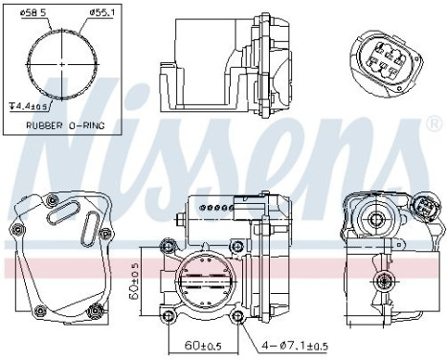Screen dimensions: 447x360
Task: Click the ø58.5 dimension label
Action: pos(34,12)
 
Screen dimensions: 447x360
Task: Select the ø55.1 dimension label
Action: pos(101,12)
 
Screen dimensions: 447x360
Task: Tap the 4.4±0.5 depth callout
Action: pos(29,106)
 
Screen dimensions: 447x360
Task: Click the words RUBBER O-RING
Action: pos(65,125)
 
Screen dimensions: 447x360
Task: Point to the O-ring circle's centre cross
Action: pos(62,64)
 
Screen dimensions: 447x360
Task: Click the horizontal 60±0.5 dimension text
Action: pos(203,346)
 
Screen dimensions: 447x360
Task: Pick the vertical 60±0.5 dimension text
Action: pos(134,281)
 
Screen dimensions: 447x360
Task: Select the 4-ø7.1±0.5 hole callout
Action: pos(295,346)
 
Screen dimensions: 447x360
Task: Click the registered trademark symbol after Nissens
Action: pos(435,124)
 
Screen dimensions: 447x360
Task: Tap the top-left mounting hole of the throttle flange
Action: pos(168,246)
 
